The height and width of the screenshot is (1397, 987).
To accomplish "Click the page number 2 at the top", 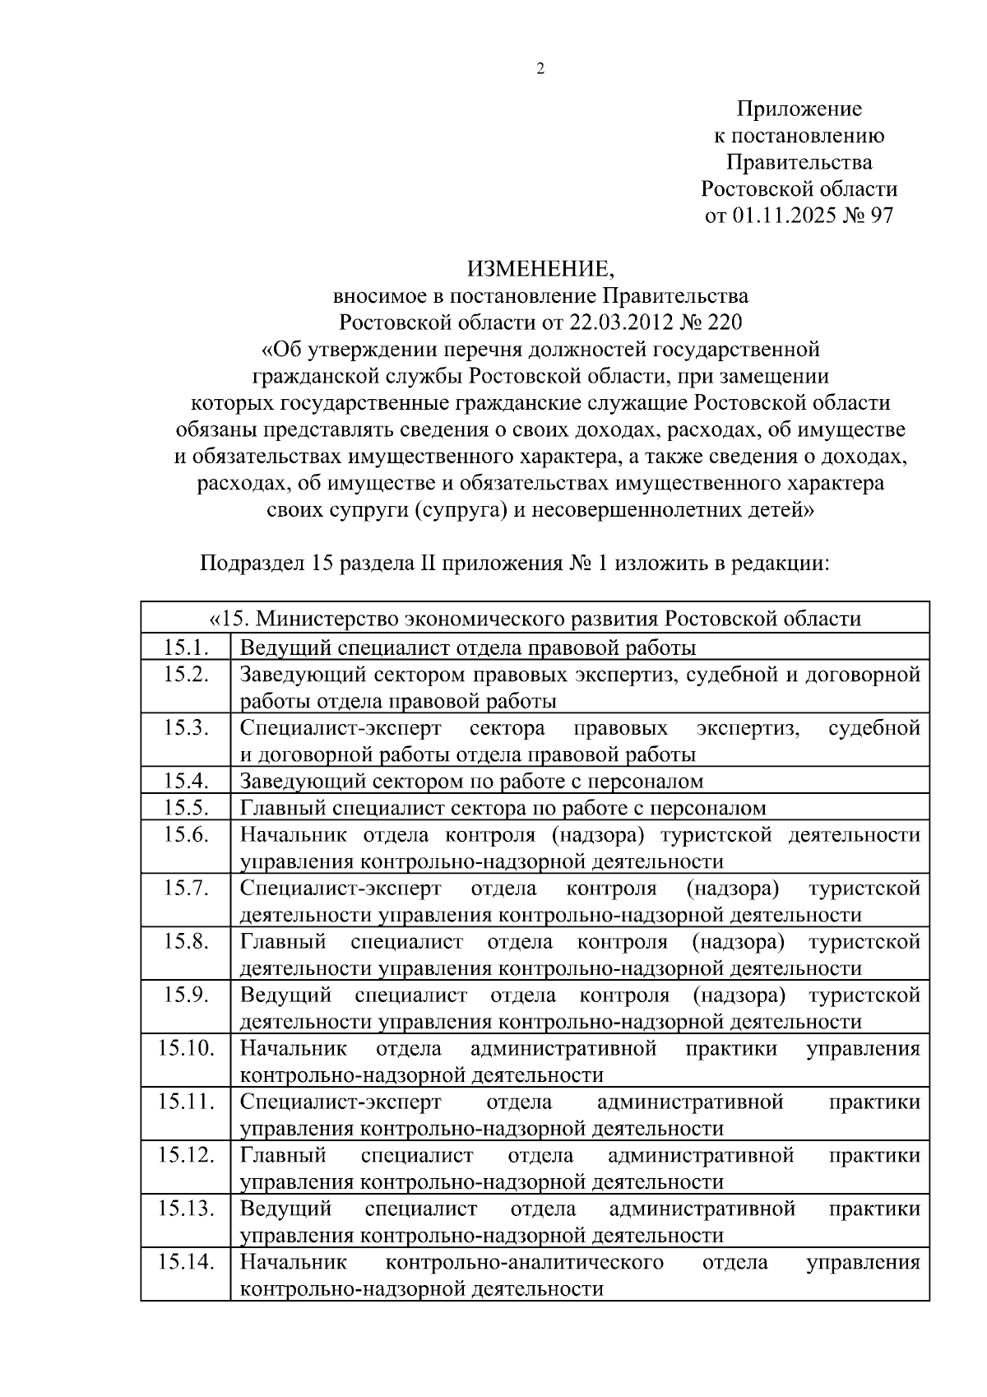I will [540, 69].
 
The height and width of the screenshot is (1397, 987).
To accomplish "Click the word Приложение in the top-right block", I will [799, 109].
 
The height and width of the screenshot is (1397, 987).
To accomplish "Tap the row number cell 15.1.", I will [186, 647].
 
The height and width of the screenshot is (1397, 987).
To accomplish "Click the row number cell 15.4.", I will [186, 781].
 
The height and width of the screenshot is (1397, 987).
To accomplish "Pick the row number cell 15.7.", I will [186, 889].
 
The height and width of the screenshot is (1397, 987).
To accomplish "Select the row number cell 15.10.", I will [186, 1048].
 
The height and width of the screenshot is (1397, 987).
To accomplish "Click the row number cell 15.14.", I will [186, 1262].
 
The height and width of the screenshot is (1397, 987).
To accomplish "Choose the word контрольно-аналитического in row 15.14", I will [524, 1262].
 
